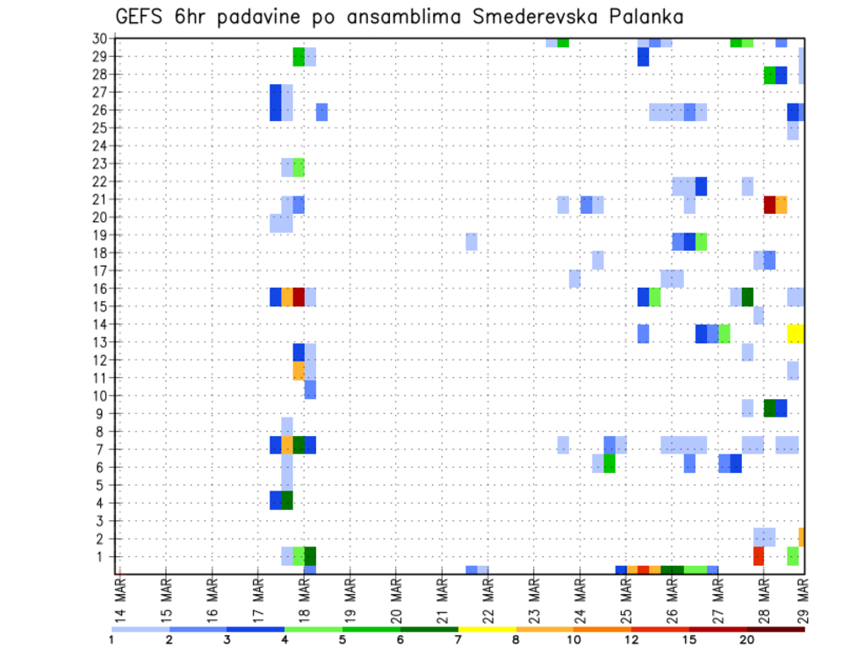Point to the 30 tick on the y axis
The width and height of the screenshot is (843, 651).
click(101, 39)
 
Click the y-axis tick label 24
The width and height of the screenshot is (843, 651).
click(101, 146)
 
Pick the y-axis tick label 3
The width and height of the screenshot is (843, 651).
click(104, 520)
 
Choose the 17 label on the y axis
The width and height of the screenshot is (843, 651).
click(101, 270)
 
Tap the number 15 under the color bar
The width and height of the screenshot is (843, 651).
click(688, 639)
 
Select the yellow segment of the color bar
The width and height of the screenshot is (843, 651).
click(486, 629)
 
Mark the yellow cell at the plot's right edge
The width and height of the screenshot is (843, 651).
click(796, 333)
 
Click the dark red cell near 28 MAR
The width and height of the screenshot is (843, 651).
click(770, 204)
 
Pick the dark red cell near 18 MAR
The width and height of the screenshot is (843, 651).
click(299, 297)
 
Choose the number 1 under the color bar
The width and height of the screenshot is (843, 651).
click(112, 639)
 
